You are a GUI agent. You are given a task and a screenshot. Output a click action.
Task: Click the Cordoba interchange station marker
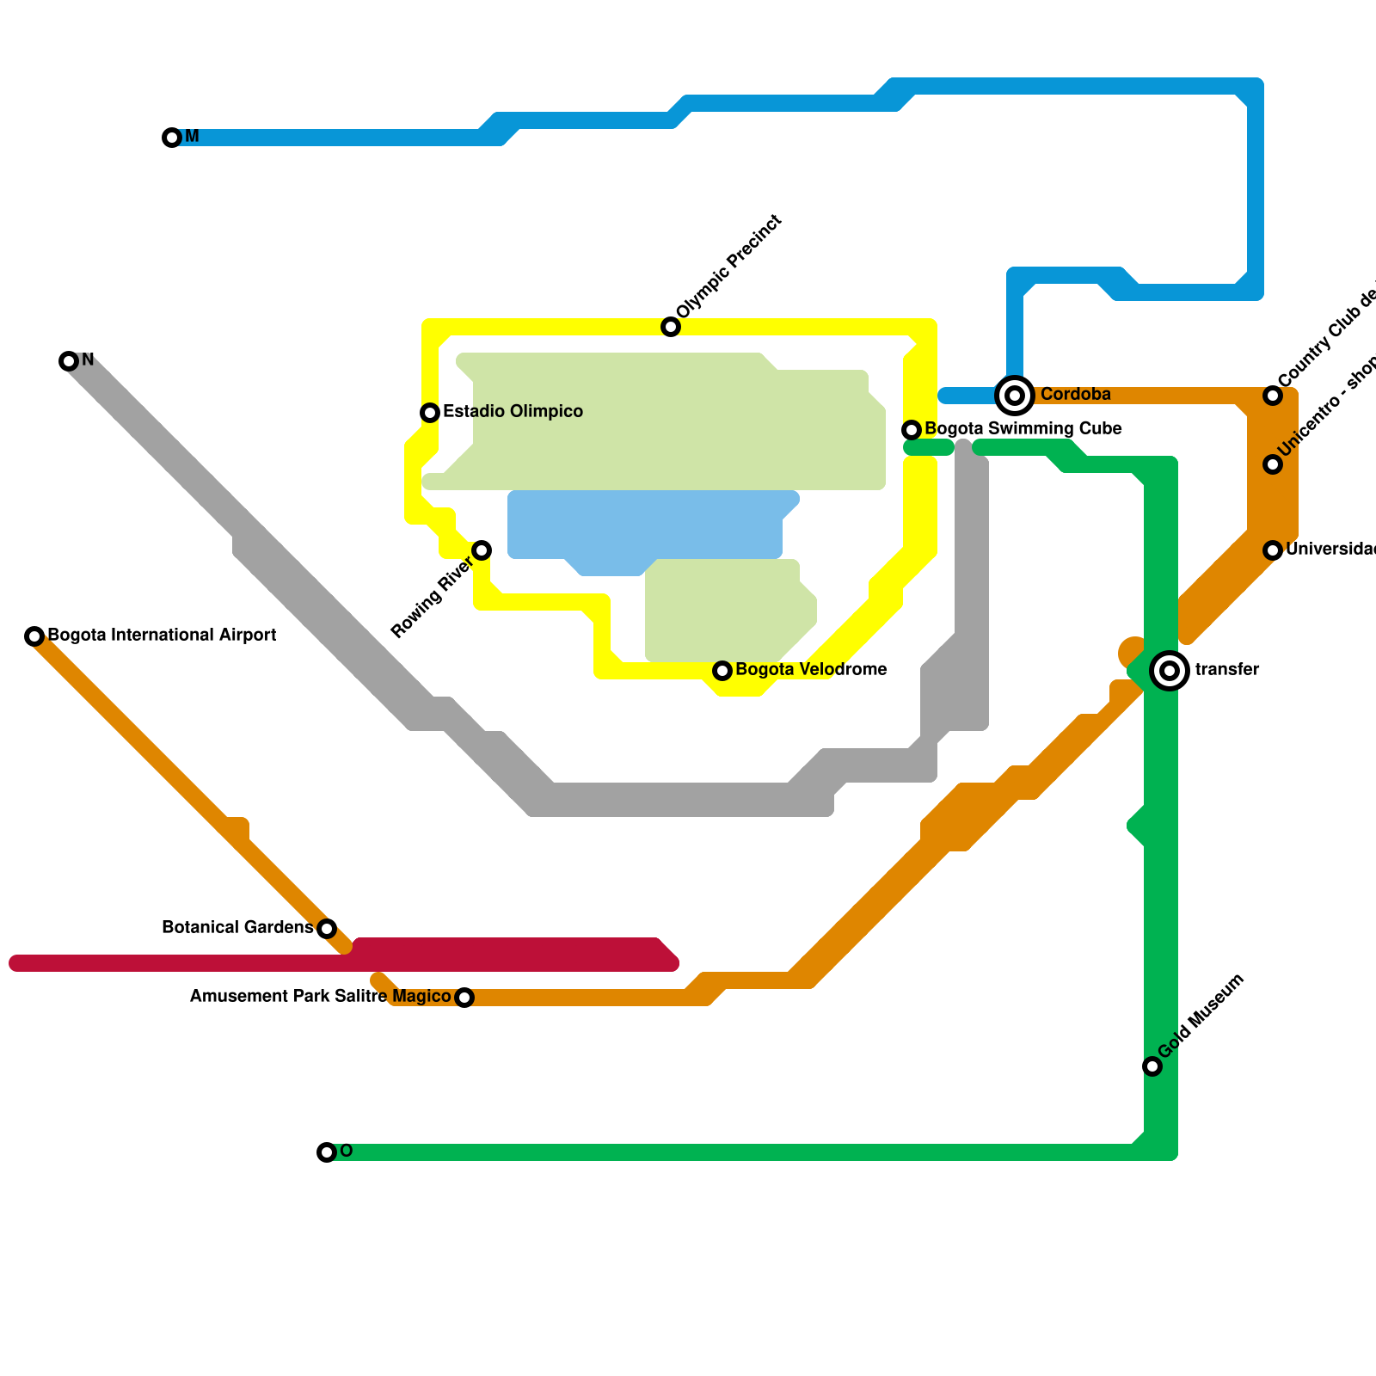pyautogui.click(x=1015, y=396)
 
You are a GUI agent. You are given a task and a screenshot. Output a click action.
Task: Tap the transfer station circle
pyautogui.click(x=1170, y=671)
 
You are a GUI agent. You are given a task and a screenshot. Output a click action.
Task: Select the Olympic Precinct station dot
pyautogui.click(x=671, y=327)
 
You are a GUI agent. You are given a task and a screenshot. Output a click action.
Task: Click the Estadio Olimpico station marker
pyautogui.click(x=430, y=413)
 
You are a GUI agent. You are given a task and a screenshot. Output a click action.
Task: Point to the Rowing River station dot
pyautogui.click(x=482, y=550)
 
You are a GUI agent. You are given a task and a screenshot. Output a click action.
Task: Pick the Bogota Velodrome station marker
pyautogui.click(x=722, y=671)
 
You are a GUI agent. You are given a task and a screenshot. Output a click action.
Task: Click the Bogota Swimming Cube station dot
pyautogui.click(x=912, y=430)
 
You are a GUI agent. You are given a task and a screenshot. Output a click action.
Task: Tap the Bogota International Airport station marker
pyautogui.click(x=34, y=636)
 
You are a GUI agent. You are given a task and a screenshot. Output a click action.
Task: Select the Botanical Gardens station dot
pyautogui.click(x=327, y=929)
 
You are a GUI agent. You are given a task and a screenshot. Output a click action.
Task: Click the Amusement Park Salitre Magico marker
pyautogui.click(x=464, y=998)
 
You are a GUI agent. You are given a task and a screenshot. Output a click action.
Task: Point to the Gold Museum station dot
pyautogui.click(x=1152, y=1066)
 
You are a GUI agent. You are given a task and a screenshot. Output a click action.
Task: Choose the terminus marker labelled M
pyautogui.click(x=172, y=138)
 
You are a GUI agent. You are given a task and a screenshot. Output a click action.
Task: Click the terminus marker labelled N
pyautogui.click(x=69, y=361)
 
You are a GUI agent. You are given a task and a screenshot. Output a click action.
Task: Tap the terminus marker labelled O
pyautogui.click(x=327, y=1152)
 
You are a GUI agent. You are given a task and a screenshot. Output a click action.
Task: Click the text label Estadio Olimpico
pyautogui.click(x=513, y=412)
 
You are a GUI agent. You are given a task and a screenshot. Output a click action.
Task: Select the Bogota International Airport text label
pyautogui.click(x=162, y=636)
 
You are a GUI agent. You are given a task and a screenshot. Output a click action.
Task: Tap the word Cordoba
pyautogui.click(x=1075, y=395)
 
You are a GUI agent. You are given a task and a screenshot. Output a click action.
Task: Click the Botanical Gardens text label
pyautogui.click(x=237, y=928)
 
